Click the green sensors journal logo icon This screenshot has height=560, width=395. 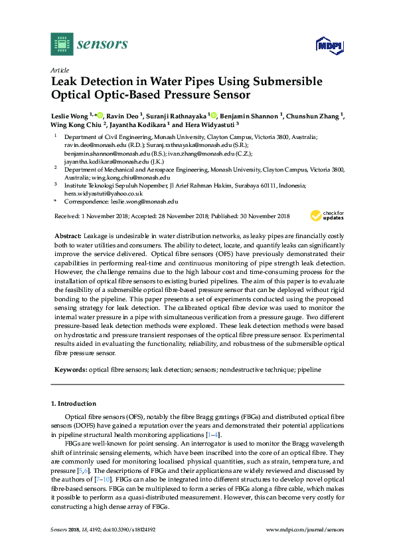coord(61,45)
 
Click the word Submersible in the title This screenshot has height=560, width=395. coord(286,82)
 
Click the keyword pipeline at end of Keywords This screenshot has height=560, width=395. coord(308,369)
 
